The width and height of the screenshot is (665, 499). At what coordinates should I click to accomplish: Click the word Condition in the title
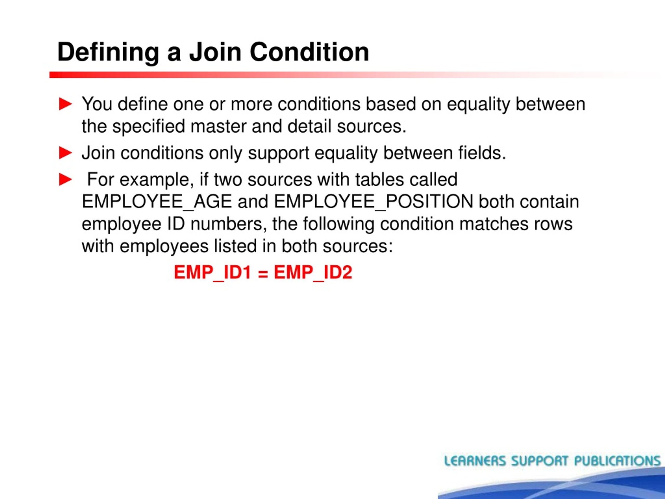309,52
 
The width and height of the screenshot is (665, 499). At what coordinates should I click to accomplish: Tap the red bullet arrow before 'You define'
65,104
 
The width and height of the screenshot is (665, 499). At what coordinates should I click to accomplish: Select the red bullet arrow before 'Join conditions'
65,153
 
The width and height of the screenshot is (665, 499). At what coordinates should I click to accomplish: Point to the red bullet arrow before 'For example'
65,180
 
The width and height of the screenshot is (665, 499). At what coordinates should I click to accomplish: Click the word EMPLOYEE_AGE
157,201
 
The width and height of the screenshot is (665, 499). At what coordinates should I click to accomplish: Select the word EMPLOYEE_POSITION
373,201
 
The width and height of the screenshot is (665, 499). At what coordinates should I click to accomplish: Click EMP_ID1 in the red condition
212,273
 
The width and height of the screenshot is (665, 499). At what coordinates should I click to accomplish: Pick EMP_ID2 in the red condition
313,273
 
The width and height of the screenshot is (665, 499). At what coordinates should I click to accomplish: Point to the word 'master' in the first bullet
218,126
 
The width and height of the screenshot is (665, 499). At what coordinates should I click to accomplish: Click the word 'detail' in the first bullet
309,126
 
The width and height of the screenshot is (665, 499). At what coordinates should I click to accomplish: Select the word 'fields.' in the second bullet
482,153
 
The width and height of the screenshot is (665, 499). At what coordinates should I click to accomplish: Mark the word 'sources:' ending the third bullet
357,246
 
